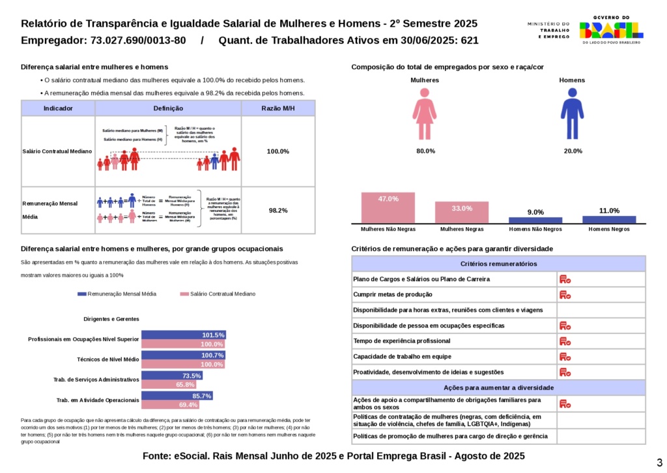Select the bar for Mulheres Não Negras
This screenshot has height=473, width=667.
[388, 207]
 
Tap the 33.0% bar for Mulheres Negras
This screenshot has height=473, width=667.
[462, 213]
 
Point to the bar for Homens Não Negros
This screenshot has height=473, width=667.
[535, 220]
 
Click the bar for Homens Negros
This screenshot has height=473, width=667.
[609, 219]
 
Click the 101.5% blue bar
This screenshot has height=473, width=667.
[184, 335]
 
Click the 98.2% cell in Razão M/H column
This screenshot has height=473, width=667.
[278, 211]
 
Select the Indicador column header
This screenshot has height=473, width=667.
[58, 108]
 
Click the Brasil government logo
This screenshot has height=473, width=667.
[611, 29]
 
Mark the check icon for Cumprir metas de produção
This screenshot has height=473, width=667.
[565, 295]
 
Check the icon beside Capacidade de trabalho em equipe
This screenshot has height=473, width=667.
[565, 357]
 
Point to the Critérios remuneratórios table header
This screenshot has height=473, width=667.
[498, 264]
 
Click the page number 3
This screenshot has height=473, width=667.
[659, 462]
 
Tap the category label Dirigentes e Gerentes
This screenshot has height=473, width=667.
[111, 319]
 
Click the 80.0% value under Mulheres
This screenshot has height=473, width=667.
[425, 151]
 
